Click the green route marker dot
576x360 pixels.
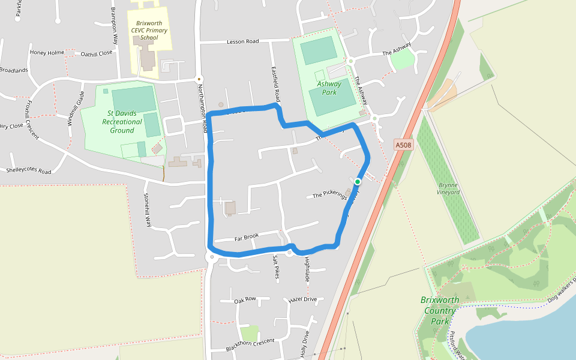click(x=358, y=181)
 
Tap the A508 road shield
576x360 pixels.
click(x=404, y=145)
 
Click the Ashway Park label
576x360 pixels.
click(x=329, y=88)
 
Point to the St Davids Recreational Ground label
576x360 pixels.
click(x=122, y=121)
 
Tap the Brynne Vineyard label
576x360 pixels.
click(x=449, y=188)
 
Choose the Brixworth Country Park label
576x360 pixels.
click(x=440, y=310)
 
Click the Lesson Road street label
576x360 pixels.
click(x=242, y=41)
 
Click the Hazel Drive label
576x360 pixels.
click(x=302, y=299)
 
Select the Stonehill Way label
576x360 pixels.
click(x=147, y=209)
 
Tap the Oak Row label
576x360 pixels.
click(x=245, y=299)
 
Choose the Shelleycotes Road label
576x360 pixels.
click(x=28, y=170)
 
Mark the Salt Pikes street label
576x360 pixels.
click(x=277, y=267)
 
